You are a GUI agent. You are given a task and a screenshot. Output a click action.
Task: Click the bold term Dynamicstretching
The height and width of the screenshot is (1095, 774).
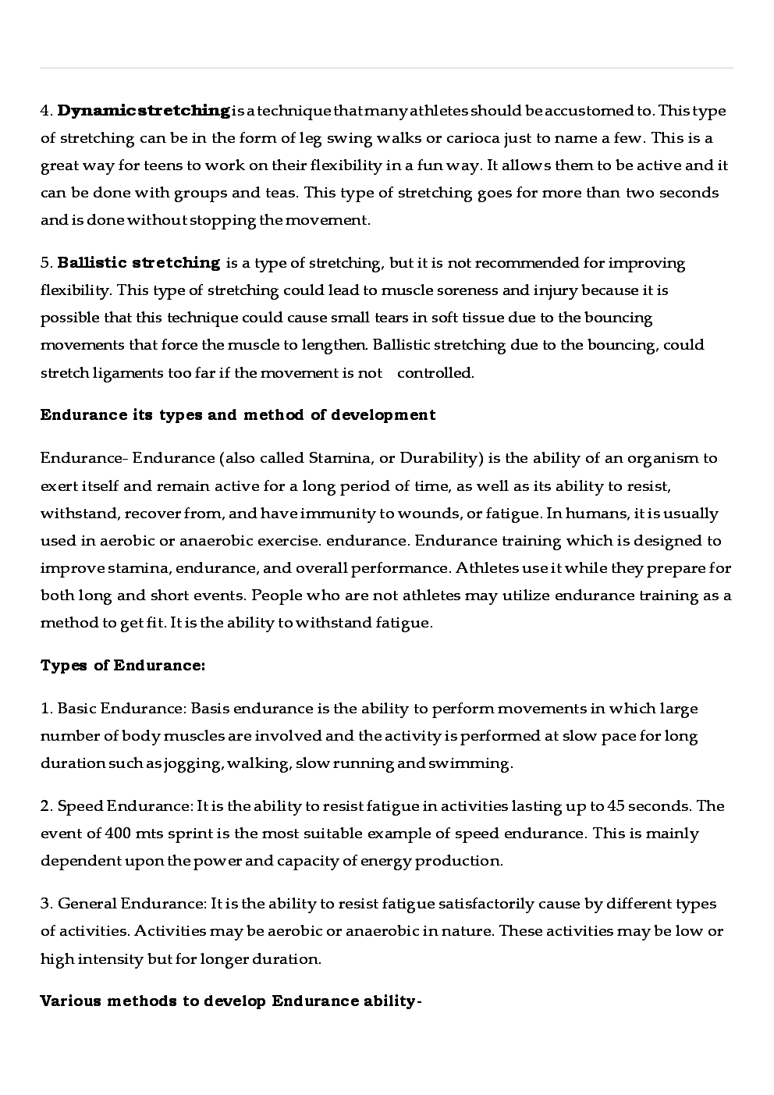pyautogui.click(x=144, y=111)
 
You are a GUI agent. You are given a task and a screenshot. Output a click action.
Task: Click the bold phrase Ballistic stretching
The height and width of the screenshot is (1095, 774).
pyautogui.click(x=139, y=263)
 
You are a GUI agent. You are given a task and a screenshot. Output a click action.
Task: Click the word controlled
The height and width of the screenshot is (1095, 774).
pyautogui.click(x=435, y=372)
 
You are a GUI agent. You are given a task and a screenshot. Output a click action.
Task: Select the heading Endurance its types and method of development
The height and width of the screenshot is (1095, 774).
pyautogui.click(x=238, y=414)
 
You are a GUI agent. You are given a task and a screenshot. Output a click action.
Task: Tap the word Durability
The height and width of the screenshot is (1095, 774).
pyautogui.click(x=436, y=458)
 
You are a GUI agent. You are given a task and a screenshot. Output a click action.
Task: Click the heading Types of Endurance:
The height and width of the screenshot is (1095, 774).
pyautogui.click(x=123, y=666)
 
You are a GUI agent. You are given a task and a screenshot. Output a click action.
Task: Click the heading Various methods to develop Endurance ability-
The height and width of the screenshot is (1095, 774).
pyautogui.click(x=231, y=1001)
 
